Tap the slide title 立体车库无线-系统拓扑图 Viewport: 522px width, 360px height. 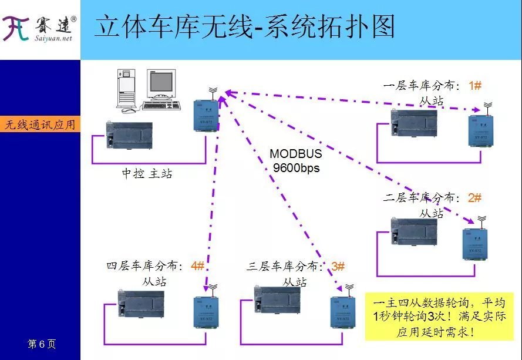244,28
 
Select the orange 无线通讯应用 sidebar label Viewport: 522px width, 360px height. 40,125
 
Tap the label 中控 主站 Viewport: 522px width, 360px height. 147,174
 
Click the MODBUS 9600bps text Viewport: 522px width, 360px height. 296,160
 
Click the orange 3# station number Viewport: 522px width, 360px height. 338,266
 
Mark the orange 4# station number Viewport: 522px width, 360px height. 197,265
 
